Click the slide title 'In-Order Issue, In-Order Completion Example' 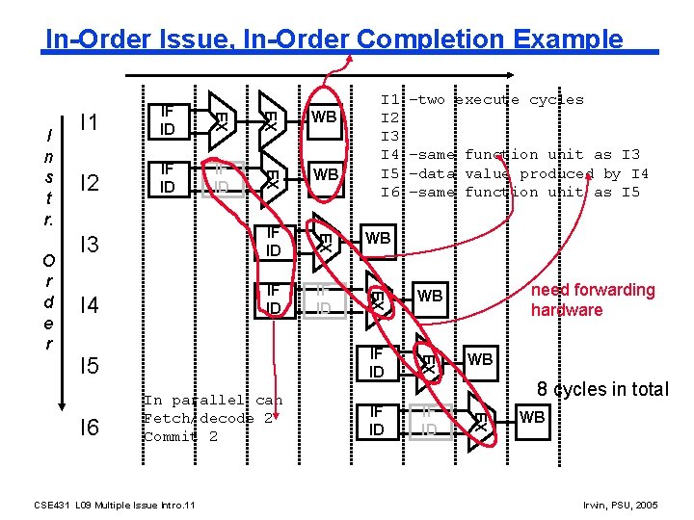click(x=334, y=39)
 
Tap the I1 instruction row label click(x=90, y=122)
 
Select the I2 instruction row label click(x=90, y=183)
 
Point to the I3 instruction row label click(x=90, y=245)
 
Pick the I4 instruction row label click(x=90, y=306)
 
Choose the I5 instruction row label click(x=90, y=366)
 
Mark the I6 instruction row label click(x=90, y=427)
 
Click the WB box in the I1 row click(x=325, y=117)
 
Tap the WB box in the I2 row click(x=326, y=174)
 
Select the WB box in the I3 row click(x=378, y=237)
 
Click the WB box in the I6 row click(x=532, y=418)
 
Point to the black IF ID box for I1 click(x=167, y=120)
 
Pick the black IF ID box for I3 click(x=273, y=242)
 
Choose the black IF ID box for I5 click(x=377, y=363)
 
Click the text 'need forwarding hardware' click(x=593, y=299)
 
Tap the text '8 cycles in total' click(x=602, y=389)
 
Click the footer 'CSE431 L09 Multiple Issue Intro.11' click(x=115, y=505)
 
